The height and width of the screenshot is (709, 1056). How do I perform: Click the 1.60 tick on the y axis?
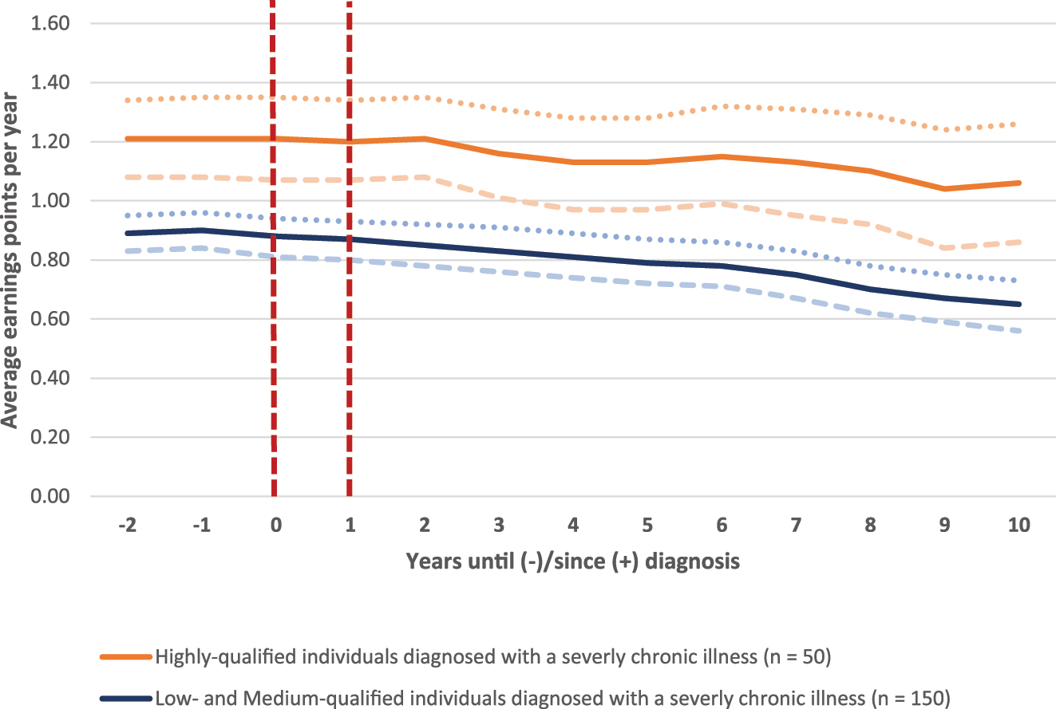point(49,24)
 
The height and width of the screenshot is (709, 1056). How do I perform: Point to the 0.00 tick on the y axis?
point(49,497)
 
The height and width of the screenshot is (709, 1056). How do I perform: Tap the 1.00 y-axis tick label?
point(49,201)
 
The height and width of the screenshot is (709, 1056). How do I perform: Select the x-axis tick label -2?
point(125,526)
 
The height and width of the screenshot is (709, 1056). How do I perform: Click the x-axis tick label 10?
point(1018,526)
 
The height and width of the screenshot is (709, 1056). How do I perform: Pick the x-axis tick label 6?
point(722,526)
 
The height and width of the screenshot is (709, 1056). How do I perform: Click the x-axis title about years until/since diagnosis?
point(572,561)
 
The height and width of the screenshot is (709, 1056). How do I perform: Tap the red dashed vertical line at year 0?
point(274,319)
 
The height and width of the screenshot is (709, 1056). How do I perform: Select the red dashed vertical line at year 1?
point(349,319)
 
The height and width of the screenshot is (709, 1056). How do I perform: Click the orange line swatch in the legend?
point(125,657)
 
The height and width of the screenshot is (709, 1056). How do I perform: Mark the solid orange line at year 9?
point(945,189)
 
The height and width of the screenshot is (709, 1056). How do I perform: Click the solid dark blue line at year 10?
point(1018,304)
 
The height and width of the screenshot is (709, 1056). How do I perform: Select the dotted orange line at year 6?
point(722,106)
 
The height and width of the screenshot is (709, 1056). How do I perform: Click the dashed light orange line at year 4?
point(572,209)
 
